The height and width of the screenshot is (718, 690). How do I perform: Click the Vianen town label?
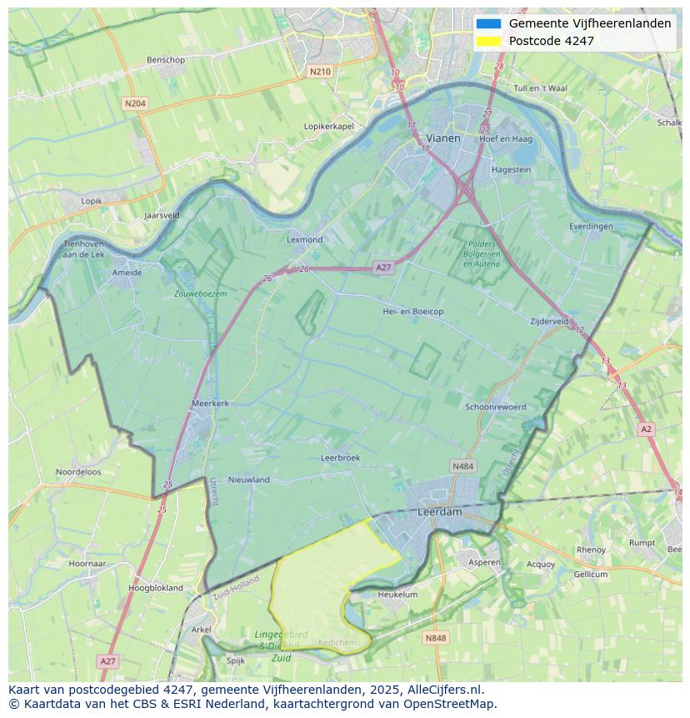click(442, 138)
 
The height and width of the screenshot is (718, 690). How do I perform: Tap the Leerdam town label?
click(439, 512)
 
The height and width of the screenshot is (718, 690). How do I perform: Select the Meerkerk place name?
click(210, 403)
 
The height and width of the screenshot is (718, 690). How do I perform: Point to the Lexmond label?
click(304, 239)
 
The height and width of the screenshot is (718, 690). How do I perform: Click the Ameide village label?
click(127, 272)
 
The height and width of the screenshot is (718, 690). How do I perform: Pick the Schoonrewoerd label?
click(496, 407)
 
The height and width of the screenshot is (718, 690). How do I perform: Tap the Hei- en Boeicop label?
click(412, 311)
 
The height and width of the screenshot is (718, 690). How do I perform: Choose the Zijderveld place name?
click(549, 321)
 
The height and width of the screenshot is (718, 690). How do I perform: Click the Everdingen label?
click(591, 226)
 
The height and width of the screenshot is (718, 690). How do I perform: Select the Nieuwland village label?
click(249, 480)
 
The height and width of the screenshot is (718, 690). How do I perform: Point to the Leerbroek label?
click(340, 458)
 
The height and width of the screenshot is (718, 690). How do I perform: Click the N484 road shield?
click(462, 466)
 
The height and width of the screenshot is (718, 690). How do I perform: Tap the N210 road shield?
click(319, 72)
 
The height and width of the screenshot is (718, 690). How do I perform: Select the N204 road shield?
click(134, 103)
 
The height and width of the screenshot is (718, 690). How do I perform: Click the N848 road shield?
click(435, 638)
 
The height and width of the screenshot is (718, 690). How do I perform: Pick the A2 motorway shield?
click(646, 429)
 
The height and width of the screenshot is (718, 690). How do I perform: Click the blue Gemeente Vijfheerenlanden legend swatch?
click(489, 23)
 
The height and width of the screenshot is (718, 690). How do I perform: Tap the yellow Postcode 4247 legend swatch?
click(489, 41)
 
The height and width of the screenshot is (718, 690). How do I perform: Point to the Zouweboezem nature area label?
click(200, 294)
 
